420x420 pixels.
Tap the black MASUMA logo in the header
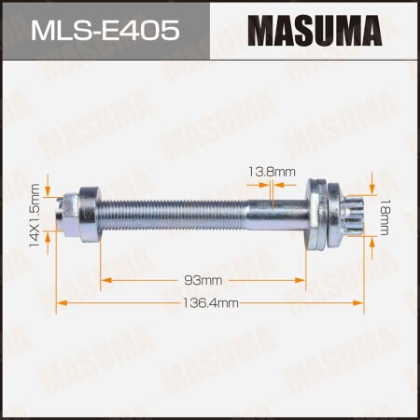click(x=315, y=31)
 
